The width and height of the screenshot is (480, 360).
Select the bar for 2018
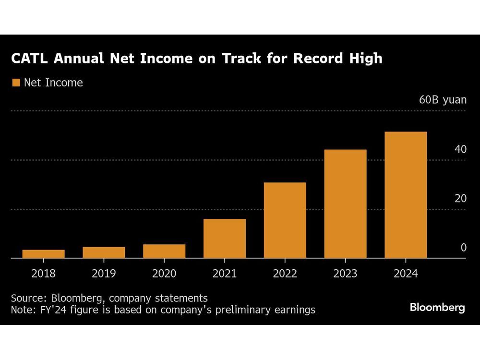coord(43,254)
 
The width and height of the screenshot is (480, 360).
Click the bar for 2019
coord(104,252)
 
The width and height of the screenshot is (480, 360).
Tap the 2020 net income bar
coord(164,251)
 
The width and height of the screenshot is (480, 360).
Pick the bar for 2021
coord(225,239)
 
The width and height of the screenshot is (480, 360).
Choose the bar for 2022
coord(285,220)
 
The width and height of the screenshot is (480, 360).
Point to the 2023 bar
coord(346,204)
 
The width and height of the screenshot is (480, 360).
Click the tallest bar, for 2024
coord(406,195)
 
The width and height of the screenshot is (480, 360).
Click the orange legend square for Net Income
coord(15,83)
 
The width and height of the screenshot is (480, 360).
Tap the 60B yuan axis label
coord(442,100)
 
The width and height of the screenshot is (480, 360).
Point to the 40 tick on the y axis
coord(460,149)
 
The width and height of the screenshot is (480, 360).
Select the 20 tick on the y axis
coord(460,198)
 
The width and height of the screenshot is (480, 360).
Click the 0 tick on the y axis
coord(463,248)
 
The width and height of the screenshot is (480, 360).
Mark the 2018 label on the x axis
coord(43,274)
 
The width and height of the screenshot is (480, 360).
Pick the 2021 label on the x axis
coord(225,274)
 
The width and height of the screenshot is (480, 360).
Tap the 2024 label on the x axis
coord(406,274)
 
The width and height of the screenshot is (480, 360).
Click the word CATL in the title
coord(30,59)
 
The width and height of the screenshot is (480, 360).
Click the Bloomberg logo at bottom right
coord(437,308)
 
